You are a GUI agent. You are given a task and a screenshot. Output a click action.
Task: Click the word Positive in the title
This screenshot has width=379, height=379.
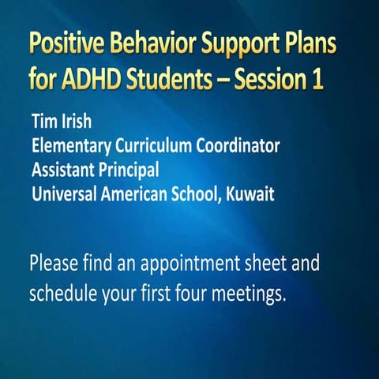(x=65, y=46)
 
